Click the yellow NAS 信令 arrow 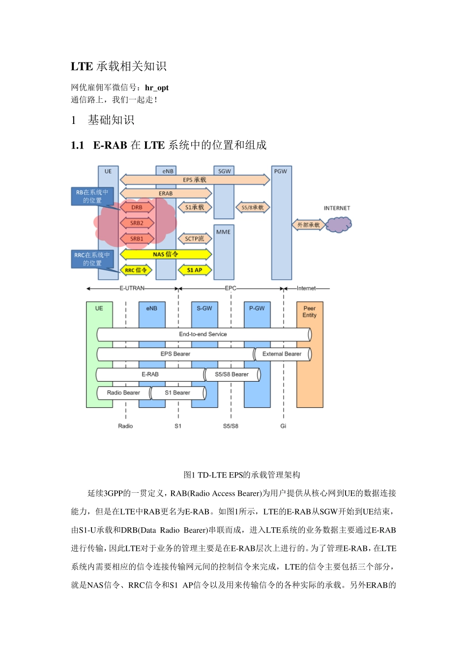pos(166,254)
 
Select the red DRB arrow pos(137,208)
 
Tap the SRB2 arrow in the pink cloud pos(137,223)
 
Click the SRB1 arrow pos(137,239)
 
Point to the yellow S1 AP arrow pos(195,270)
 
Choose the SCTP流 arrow pos(195,239)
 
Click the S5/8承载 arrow pos(253,208)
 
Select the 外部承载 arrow pos(308,225)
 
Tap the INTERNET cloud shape pos(339,225)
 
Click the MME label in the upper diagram pos(224,232)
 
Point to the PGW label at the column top pos(281,171)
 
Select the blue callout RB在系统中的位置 pos(92,196)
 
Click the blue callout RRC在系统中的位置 pos(92,259)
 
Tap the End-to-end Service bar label pos(203,334)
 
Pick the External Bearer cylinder pos(282,354)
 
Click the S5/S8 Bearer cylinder pos(232,375)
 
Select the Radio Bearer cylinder pos(123,393)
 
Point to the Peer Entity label pos(310,312)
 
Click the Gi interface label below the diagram pos(283,426)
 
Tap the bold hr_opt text pos(157,88)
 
